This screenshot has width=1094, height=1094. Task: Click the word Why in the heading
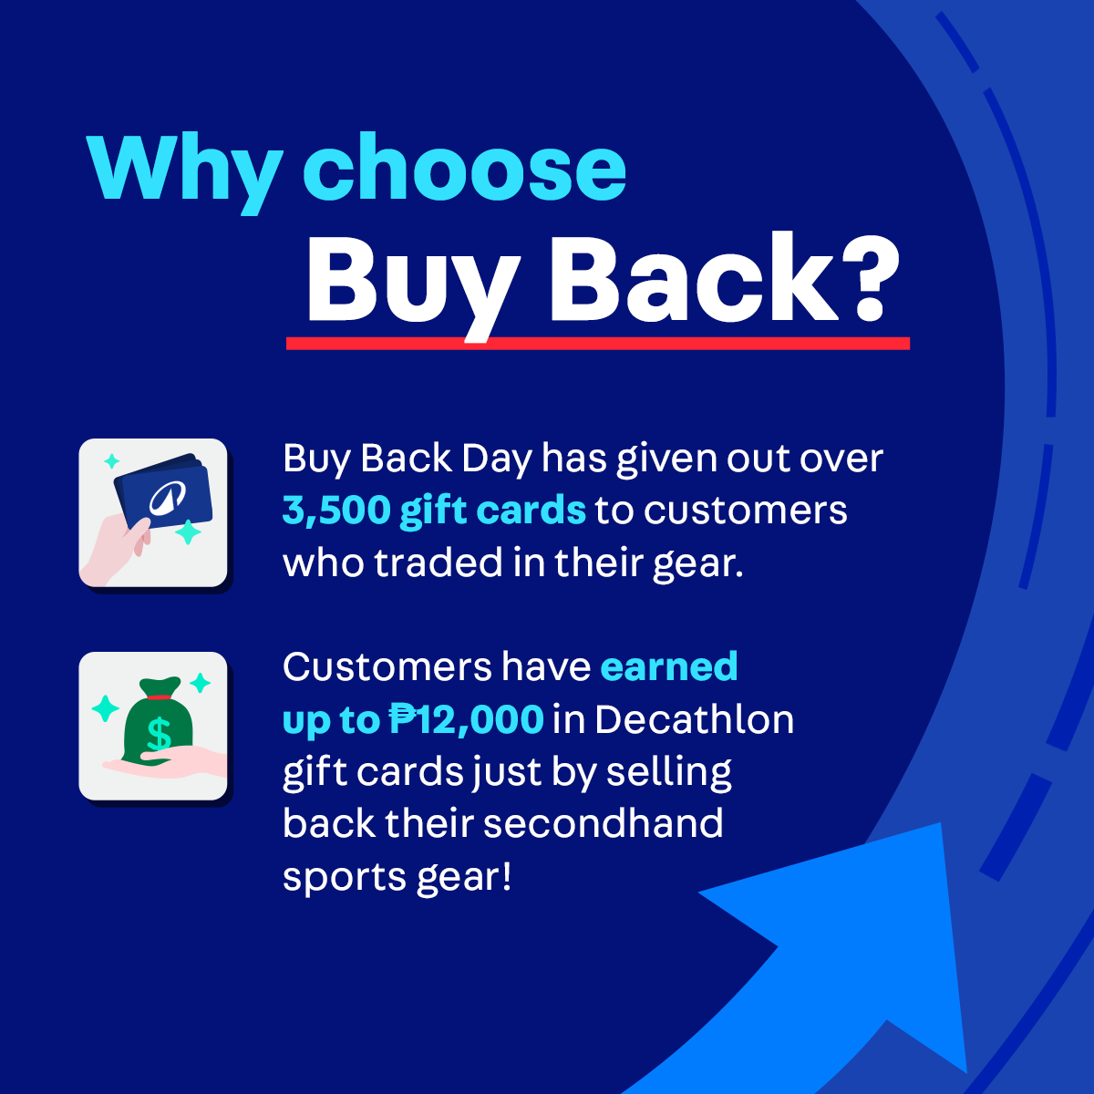[x=184, y=173]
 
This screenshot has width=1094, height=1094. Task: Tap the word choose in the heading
[x=464, y=167]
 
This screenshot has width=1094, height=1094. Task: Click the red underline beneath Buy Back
[x=598, y=343]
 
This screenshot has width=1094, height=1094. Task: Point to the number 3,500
[x=336, y=510]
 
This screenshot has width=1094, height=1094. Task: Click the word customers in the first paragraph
[x=746, y=511]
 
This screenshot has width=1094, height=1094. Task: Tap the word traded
[x=439, y=562]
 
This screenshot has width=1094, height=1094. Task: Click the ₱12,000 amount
[x=466, y=719]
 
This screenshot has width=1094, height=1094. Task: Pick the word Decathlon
[x=695, y=719]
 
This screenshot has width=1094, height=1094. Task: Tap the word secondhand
[x=603, y=824]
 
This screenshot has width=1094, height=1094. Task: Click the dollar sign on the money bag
[x=159, y=734]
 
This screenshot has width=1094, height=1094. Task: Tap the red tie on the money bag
[x=160, y=697]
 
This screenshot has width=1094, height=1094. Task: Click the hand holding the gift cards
[x=117, y=549]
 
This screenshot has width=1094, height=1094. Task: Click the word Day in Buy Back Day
[x=497, y=459]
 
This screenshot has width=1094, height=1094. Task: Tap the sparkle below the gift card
[x=188, y=532]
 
